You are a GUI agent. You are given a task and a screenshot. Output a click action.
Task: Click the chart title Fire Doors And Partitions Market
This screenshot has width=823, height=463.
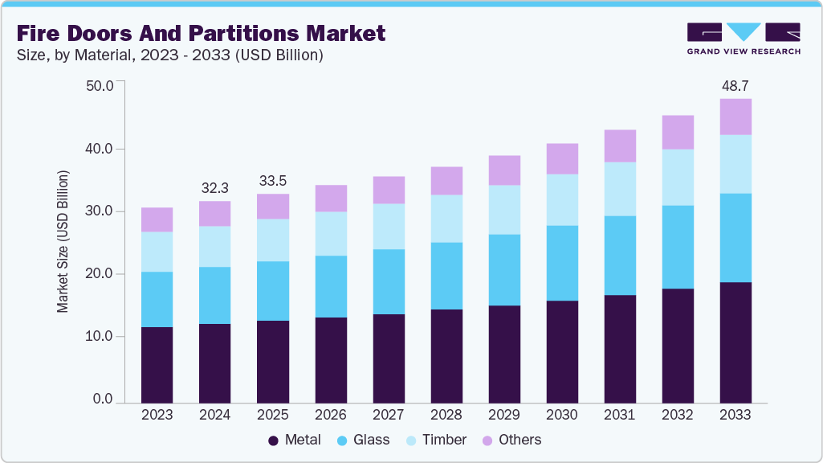point(200,33)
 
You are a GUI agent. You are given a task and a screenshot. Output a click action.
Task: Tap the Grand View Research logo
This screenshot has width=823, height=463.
point(744,38)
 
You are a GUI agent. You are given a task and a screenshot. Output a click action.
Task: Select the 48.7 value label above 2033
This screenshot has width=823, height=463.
point(735,85)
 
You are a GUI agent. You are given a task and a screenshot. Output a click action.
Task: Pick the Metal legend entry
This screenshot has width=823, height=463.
point(295,440)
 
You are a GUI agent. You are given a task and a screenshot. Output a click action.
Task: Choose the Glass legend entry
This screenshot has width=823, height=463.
point(363,440)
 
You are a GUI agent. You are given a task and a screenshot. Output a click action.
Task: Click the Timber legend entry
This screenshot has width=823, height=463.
point(435,440)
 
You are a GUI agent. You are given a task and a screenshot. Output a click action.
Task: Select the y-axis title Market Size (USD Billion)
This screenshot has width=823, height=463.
point(63,241)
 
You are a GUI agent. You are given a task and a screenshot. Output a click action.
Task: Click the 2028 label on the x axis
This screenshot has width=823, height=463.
point(446,415)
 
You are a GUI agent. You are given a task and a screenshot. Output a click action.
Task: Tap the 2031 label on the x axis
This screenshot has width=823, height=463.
point(619,415)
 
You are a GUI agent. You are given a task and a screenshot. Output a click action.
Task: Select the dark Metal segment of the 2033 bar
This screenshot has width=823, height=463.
point(735,342)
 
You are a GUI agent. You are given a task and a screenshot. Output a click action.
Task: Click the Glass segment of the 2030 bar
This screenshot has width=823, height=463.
point(561,263)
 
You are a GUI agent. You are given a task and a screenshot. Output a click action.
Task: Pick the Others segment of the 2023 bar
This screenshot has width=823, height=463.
point(157,219)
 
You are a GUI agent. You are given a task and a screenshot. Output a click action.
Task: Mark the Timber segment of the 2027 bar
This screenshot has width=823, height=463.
point(388,226)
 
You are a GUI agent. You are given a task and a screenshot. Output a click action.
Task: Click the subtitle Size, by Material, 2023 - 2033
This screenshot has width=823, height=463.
point(169,55)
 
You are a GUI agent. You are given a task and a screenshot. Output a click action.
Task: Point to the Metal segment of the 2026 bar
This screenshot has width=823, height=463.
point(330,359)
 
